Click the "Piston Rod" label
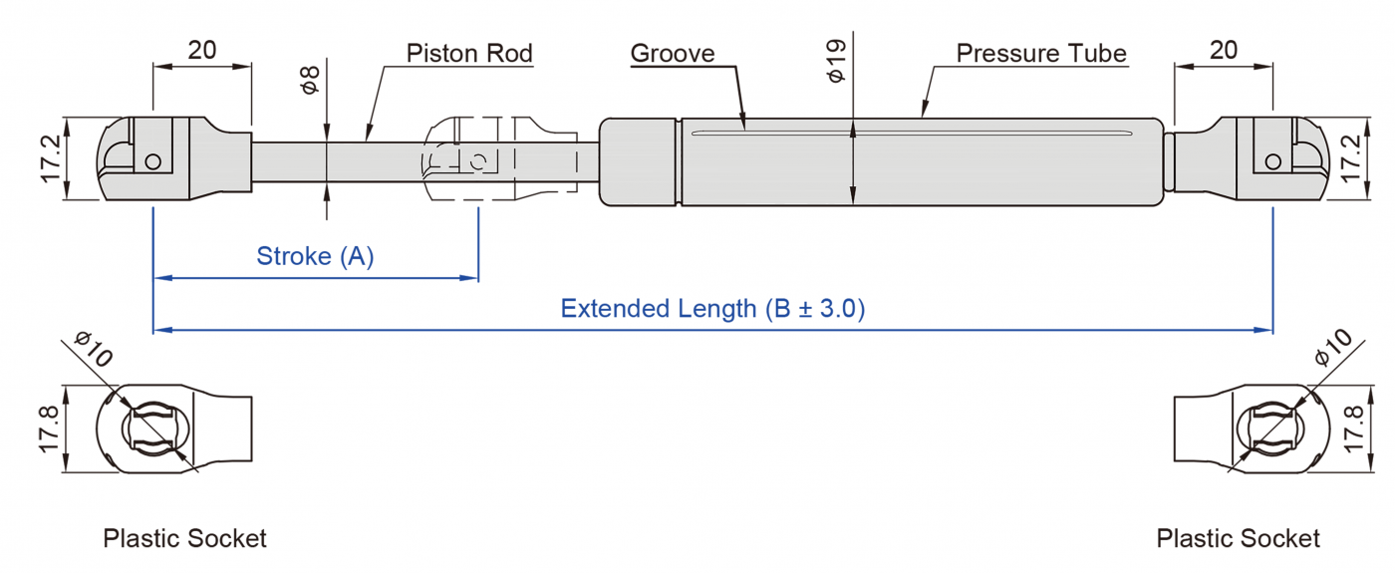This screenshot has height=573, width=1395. pos(469,53)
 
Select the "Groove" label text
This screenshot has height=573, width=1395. pos(673,53)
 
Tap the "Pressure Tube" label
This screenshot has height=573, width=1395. pos(1041,53)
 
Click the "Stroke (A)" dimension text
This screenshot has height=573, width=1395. pos(315,256)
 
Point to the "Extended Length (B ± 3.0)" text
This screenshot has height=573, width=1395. pos(712,308)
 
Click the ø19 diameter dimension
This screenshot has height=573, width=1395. pos(836,61)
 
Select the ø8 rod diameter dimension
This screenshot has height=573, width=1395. pos(310,80)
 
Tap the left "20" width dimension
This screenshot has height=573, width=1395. pos(202,50)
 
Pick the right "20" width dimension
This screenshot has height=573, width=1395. pos(1224,50)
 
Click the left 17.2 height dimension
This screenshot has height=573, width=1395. pos(52,158)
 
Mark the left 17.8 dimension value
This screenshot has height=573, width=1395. pos(52,430)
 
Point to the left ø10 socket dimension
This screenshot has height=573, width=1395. pos(95,351)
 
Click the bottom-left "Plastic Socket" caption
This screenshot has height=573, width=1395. pos(184,539)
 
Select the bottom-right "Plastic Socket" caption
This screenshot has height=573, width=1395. pos(1238,539)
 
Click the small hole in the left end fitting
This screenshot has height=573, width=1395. pos(152,161)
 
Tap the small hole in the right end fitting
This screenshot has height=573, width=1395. pos(1272,161)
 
